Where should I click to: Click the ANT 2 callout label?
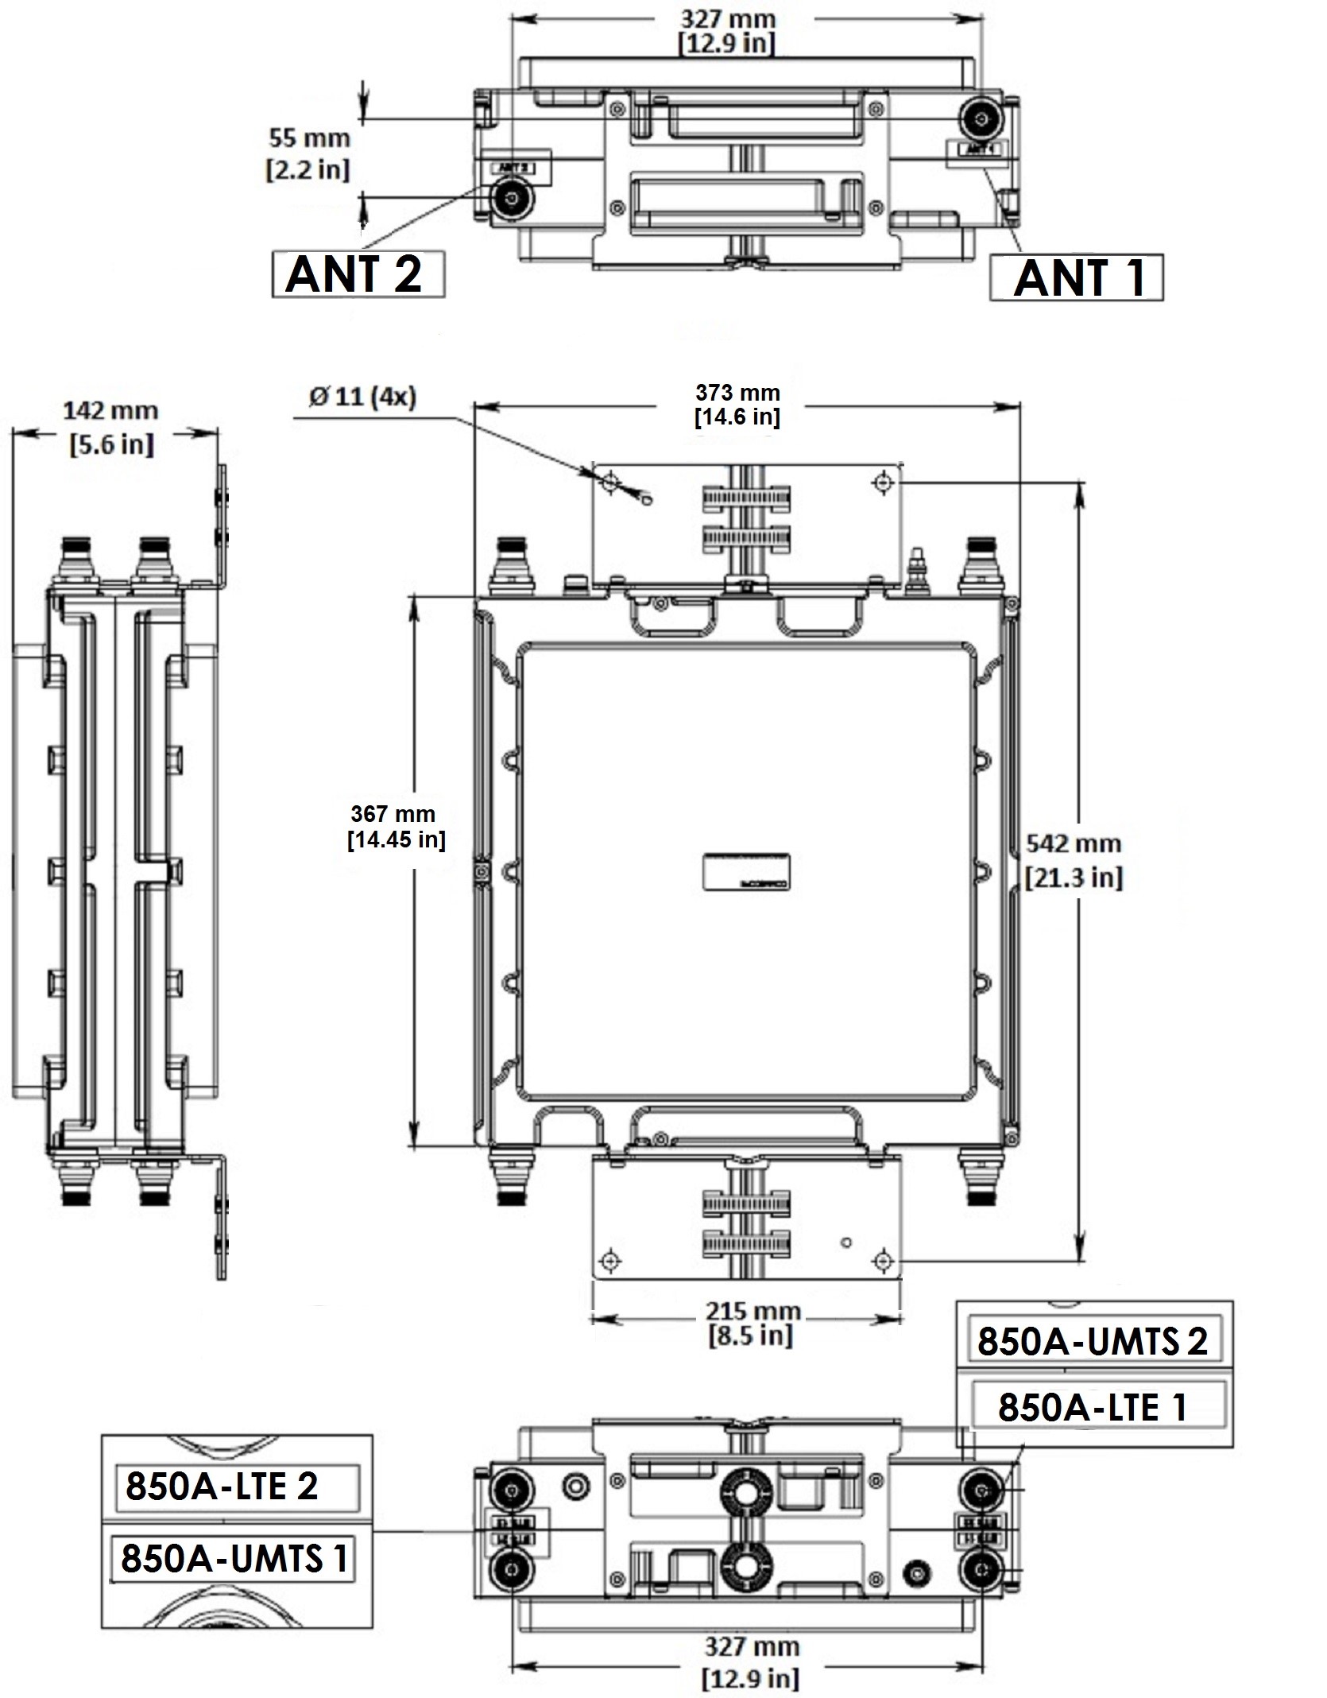click(x=358, y=274)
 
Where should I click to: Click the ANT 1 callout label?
click(x=1077, y=277)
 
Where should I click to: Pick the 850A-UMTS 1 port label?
click(x=234, y=1558)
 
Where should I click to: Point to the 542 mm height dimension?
click(x=1074, y=844)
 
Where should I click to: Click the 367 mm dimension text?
click(x=393, y=814)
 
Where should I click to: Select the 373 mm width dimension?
click(x=738, y=393)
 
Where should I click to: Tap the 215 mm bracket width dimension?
click(x=752, y=1311)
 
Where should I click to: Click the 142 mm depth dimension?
click(x=111, y=411)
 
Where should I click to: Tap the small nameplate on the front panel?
click(x=746, y=870)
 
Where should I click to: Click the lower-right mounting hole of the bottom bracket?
click(x=883, y=1261)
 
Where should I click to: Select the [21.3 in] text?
click(x=1074, y=878)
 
